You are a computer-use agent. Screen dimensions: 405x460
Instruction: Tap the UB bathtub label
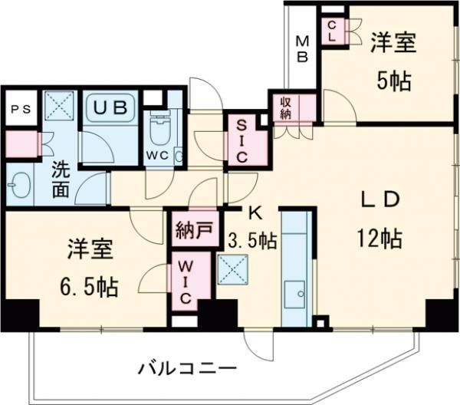(x=112, y=107)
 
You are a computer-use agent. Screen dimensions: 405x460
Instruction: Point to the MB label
(x=302, y=48)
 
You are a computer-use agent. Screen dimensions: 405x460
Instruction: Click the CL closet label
(x=332, y=31)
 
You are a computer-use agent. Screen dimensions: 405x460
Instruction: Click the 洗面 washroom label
(x=61, y=179)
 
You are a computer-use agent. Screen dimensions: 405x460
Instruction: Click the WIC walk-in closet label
(x=186, y=282)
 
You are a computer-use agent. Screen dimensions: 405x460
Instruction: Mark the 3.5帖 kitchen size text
(x=252, y=241)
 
